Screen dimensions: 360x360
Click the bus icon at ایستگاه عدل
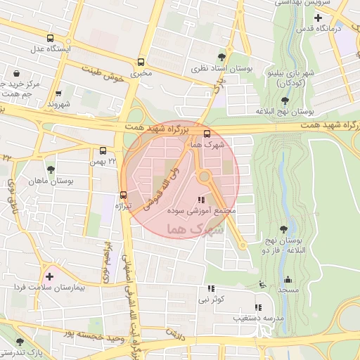pos(49,38)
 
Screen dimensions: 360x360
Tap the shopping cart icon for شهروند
pos(58,93)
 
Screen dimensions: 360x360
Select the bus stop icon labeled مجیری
pos(142,62)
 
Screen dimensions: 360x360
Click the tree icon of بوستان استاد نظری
pos(223,57)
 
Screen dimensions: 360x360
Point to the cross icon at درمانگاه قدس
pos(319,17)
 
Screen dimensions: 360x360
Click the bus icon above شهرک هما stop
pos(206,134)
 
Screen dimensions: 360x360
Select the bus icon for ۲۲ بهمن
pos(103,150)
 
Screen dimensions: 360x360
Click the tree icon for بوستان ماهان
pos(51,169)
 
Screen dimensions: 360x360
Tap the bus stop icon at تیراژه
pos(124,195)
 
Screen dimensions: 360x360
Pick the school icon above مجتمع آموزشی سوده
pos(202,200)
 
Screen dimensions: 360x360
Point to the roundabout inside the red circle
pos(205,177)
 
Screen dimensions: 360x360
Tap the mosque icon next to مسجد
pos(287,279)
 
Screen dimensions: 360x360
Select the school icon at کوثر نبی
pos(210,288)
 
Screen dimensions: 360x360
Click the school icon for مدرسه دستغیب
pos(257,307)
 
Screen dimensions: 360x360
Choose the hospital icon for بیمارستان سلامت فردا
pos(49,277)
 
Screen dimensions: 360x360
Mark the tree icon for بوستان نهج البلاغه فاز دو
pos(283,229)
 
